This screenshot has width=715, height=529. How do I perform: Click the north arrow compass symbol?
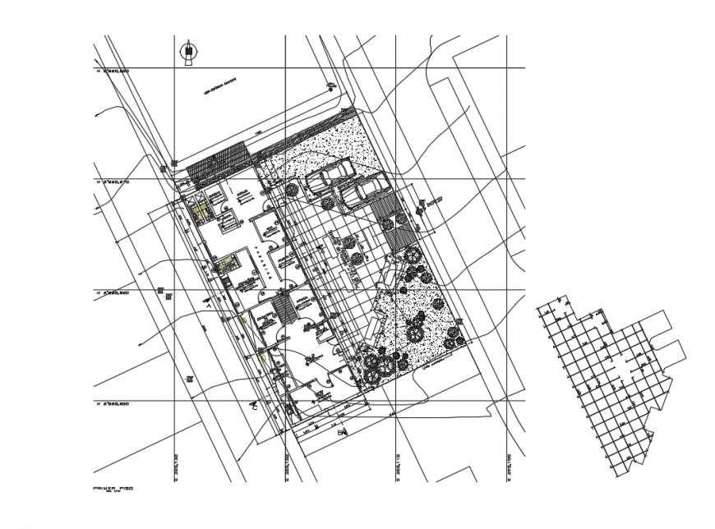coord(190,51)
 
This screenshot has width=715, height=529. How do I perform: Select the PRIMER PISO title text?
coord(113,488)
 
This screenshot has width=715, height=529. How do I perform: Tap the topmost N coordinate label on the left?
coord(113,72)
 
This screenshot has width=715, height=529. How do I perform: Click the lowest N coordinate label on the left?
coord(113,404)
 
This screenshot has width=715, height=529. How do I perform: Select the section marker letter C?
coord(255,405)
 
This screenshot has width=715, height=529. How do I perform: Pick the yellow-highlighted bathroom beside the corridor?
coord(224,264)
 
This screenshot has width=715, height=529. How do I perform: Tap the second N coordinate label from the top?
coord(113,182)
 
